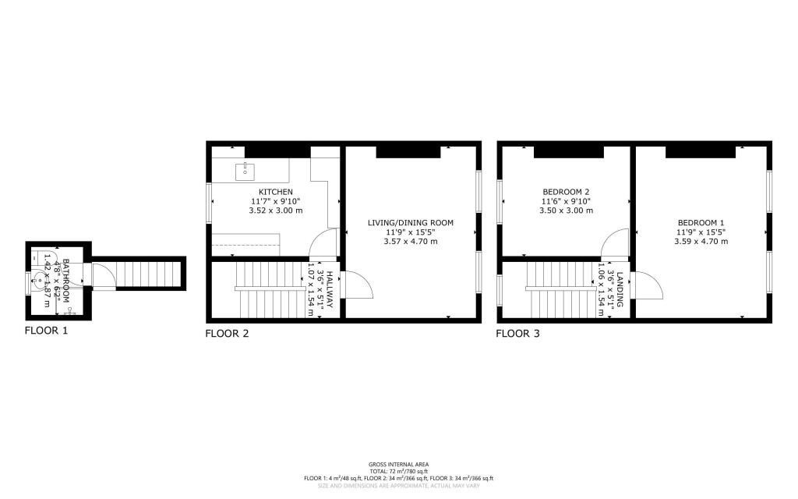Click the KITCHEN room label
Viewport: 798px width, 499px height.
click(276, 192)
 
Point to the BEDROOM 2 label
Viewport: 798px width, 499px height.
click(566, 192)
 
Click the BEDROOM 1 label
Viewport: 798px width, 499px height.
click(701, 223)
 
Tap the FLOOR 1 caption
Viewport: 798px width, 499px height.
click(47, 331)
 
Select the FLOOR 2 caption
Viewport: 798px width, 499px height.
click(227, 334)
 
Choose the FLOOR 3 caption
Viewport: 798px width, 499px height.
click(518, 334)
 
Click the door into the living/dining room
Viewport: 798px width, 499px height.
click(358, 285)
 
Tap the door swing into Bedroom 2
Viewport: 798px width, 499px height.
click(616, 242)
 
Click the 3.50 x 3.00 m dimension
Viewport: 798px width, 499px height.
click(566, 211)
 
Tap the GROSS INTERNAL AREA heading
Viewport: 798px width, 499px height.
click(398, 464)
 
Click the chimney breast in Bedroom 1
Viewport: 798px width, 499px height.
click(701, 150)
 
